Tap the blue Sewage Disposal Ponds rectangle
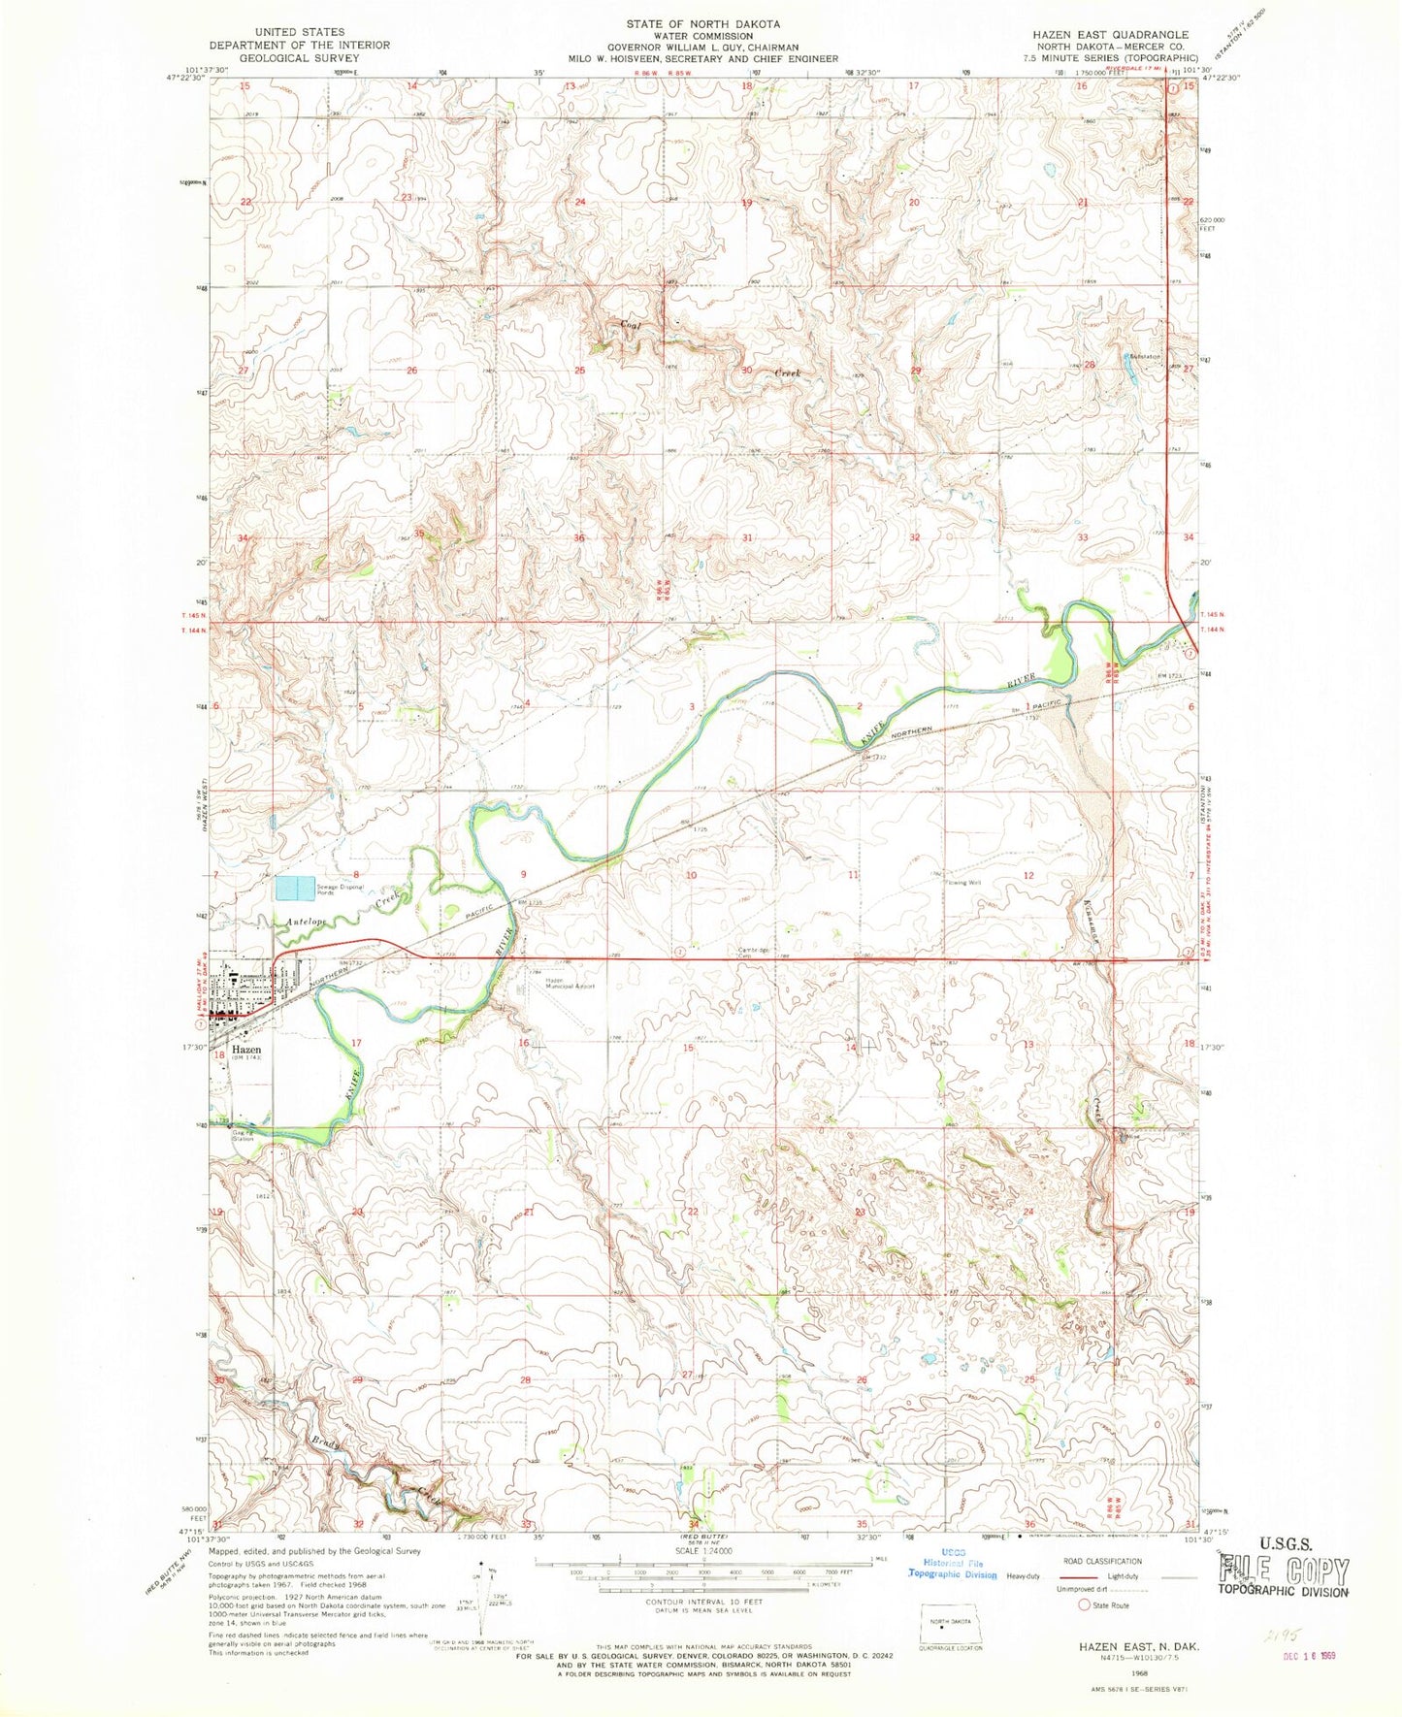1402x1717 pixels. click(x=295, y=888)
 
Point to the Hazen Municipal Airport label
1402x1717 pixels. click(x=569, y=983)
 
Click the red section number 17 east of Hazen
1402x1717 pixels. click(x=356, y=1043)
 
